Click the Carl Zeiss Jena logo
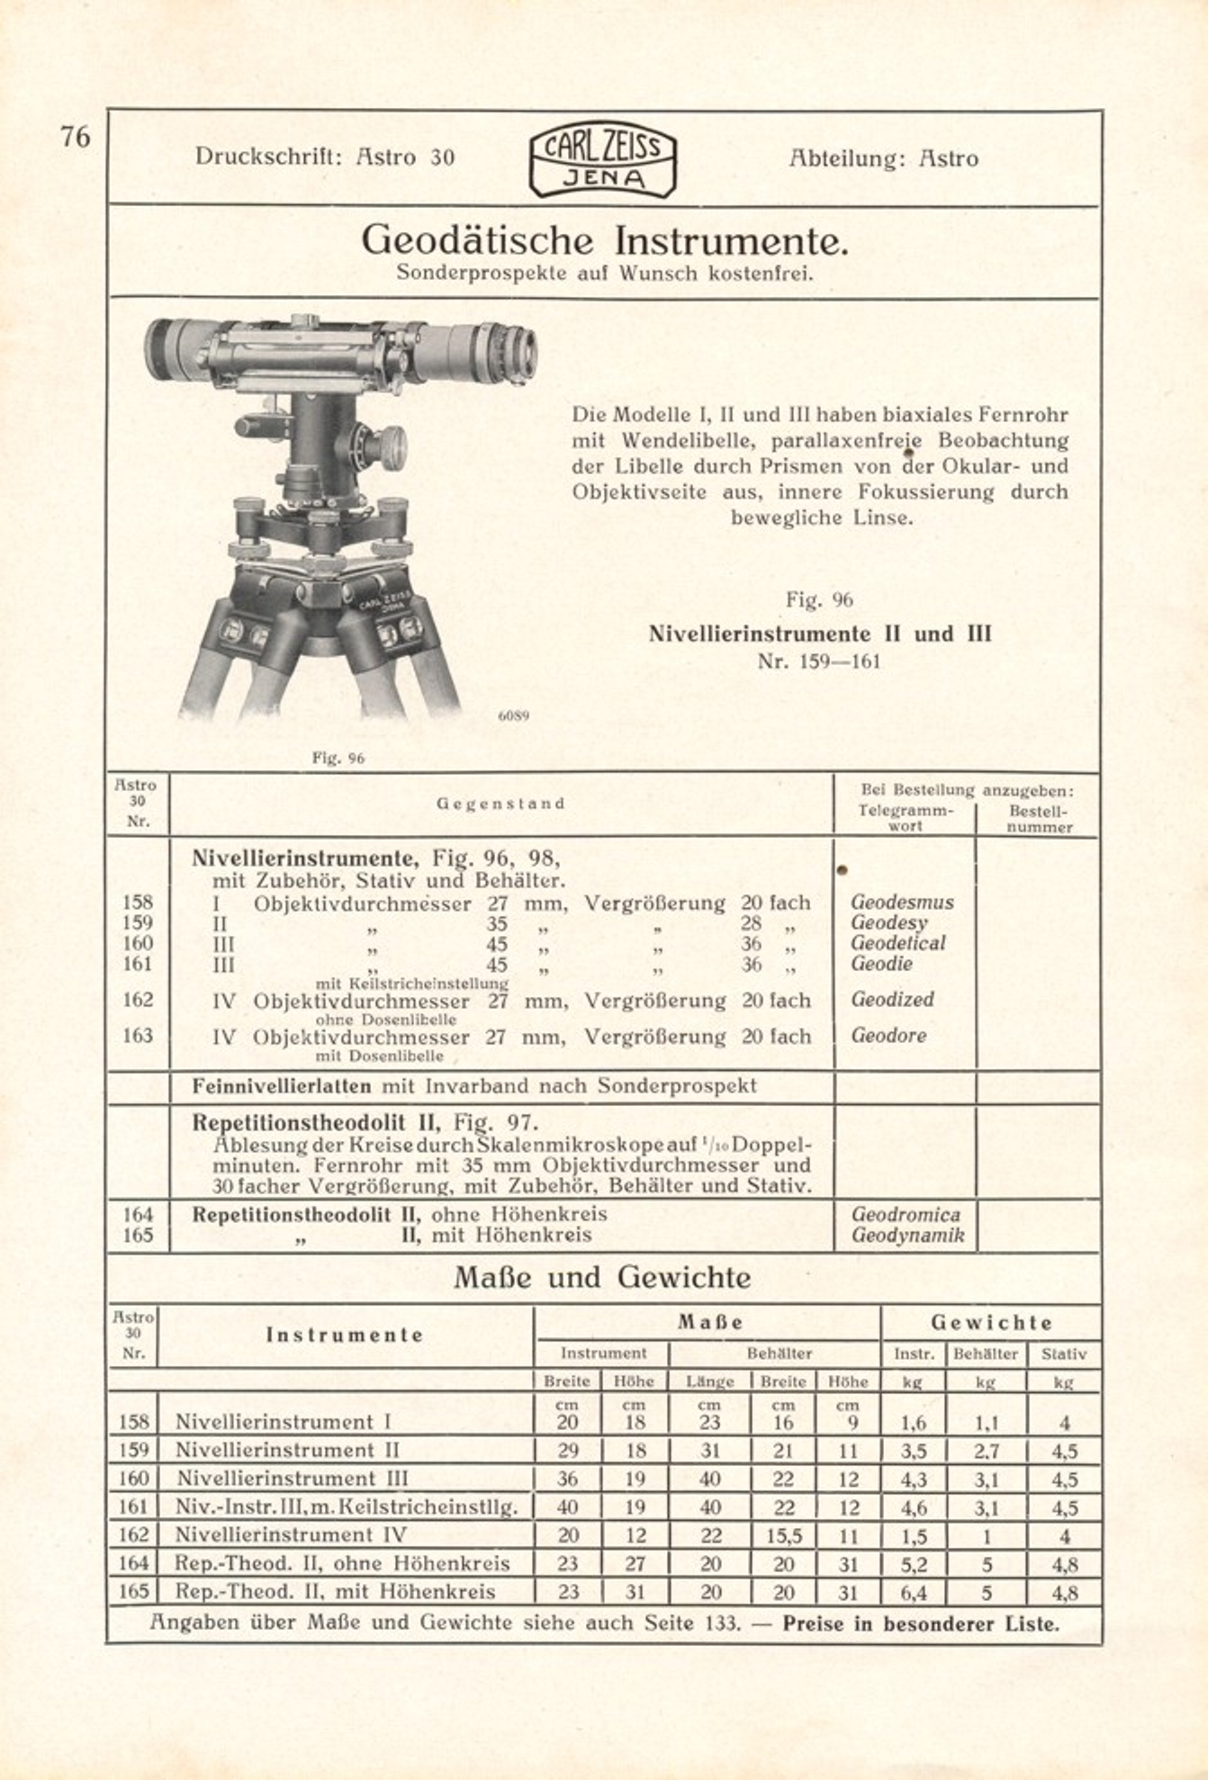coord(602,158)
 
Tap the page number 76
coord(76,137)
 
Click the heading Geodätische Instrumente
coord(605,240)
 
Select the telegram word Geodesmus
coord(902,902)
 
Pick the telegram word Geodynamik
coord(907,1236)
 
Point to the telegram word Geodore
coord(888,1035)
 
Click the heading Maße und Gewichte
coord(602,1277)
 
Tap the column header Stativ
coord(1063,1353)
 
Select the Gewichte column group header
coord(991,1323)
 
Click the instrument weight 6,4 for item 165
coord(914,1593)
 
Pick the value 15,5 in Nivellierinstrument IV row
coord(783,1536)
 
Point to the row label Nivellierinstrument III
coord(292,1479)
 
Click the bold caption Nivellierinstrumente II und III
coord(820,634)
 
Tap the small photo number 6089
coord(513,716)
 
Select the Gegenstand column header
coord(500,804)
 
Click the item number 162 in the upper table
coord(138,1000)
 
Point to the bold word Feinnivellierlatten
coord(282,1086)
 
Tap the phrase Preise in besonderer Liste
coord(920,1624)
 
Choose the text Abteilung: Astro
coord(883,158)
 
